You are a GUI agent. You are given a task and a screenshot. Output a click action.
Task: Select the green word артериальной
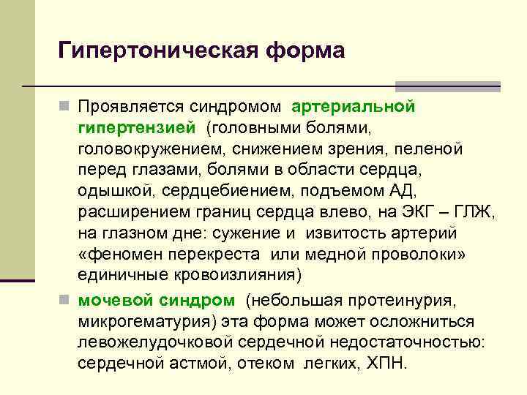pyautogui.click(x=354, y=108)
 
